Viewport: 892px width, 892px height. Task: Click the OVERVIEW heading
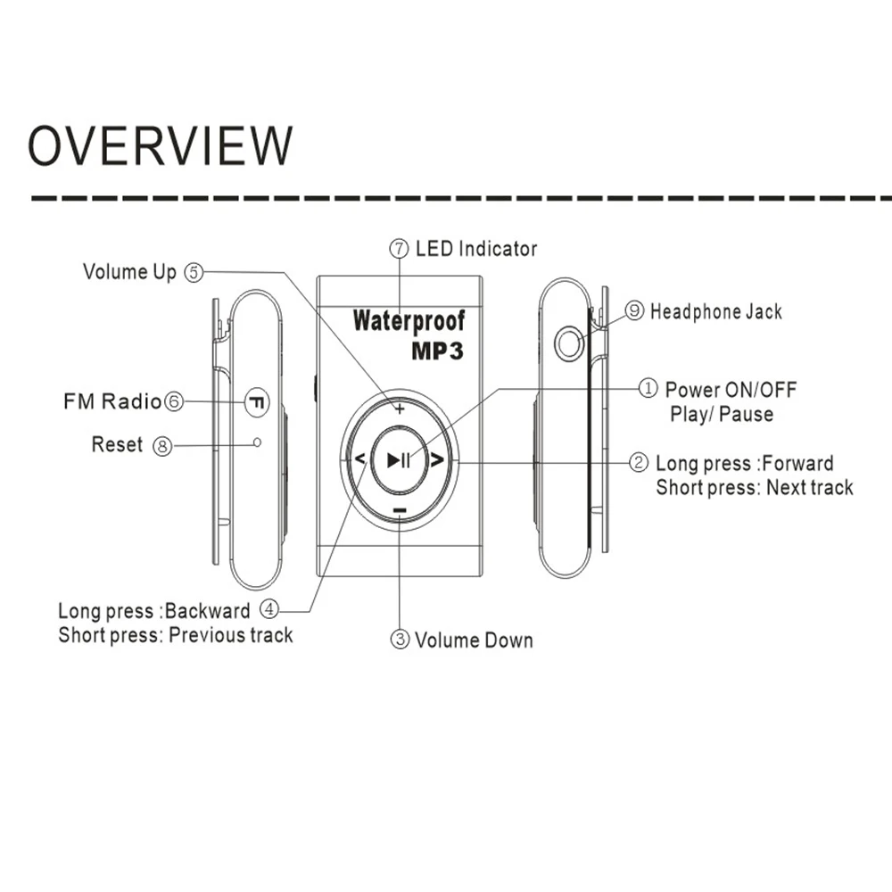click(x=161, y=145)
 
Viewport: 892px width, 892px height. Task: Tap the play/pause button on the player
click(x=399, y=460)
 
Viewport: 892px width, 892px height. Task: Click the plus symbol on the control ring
click(x=400, y=409)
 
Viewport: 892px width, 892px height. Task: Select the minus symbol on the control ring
click(x=400, y=511)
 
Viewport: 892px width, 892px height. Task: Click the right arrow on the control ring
click(x=437, y=460)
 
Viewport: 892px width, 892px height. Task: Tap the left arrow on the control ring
click(x=359, y=460)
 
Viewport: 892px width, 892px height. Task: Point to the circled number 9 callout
click(x=635, y=310)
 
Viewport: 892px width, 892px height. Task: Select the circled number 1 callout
click(x=648, y=389)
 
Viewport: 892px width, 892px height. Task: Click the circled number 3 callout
click(x=401, y=640)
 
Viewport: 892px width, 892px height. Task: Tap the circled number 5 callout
click(x=194, y=273)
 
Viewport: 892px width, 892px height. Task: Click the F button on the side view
click(x=257, y=401)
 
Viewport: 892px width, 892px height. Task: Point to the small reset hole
click(x=258, y=442)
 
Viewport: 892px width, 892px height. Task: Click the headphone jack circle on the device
click(x=568, y=343)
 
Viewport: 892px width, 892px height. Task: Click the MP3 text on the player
click(x=437, y=351)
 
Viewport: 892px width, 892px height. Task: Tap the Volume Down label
click(x=474, y=640)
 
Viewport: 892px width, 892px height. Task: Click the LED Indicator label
click(x=476, y=249)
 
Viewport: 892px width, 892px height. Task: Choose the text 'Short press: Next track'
click(x=755, y=488)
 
